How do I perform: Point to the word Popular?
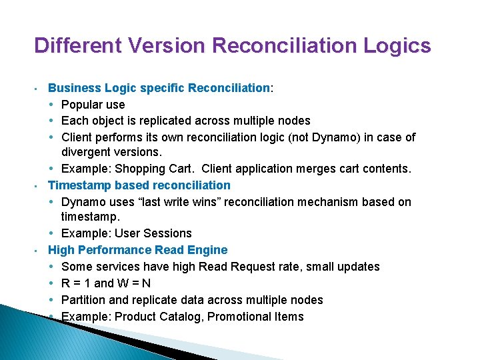(x=83, y=105)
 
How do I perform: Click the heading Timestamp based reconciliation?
(x=139, y=185)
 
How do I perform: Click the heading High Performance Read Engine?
(x=137, y=250)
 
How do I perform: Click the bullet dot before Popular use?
(x=52, y=105)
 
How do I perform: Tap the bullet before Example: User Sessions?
(x=52, y=233)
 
